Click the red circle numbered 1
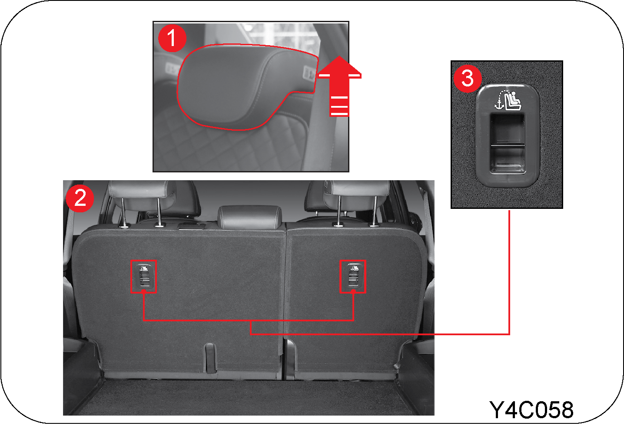[172, 38]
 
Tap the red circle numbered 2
[80, 198]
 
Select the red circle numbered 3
[468, 79]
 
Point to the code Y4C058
[531, 410]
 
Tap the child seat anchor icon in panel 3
[508, 100]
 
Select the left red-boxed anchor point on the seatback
[143, 277]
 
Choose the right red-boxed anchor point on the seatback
[353, 277]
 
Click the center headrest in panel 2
[249, 217]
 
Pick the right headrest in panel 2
[357, 195]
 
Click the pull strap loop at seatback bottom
[210, 358]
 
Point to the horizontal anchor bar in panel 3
[508, 145]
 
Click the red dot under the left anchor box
[143, 291]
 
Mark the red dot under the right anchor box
[353, 291]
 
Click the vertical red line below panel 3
[509, 272]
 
